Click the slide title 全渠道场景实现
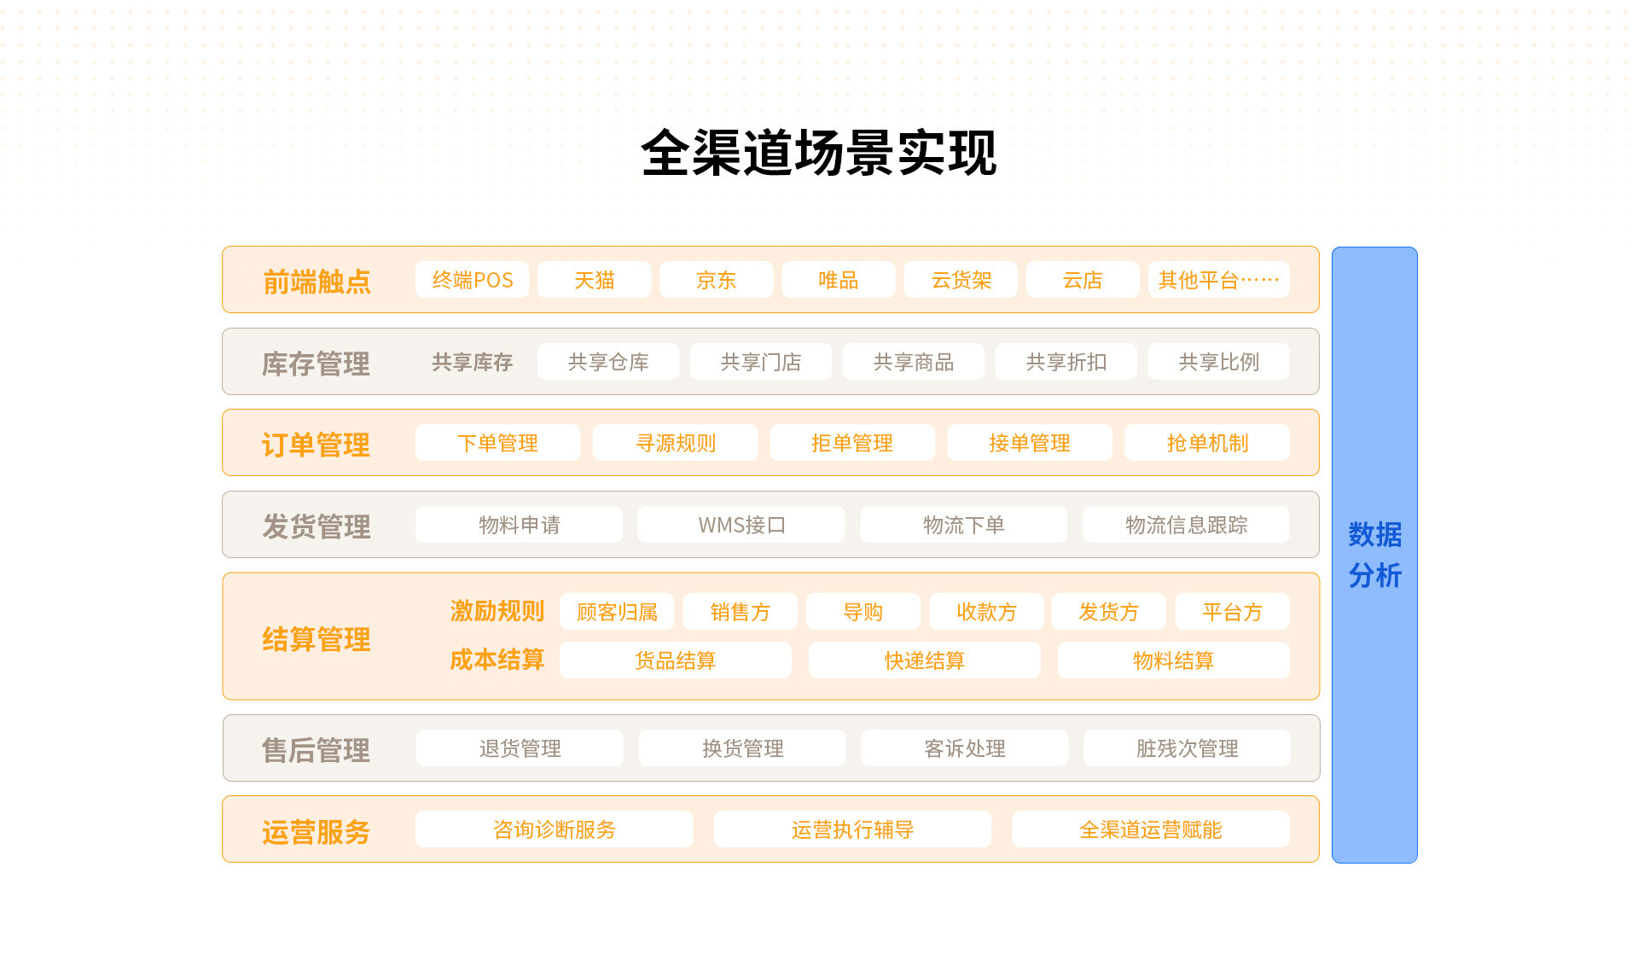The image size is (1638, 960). click(819, 154)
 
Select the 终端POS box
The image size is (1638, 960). click(472, 280)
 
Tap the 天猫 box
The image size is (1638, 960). click(594, 280)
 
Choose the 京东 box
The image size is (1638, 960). click(716, 280)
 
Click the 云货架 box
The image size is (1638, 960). click(961, 280)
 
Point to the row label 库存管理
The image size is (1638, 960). click(316, 364)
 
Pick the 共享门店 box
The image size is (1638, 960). click(761, 362)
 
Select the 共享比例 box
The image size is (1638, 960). click(1218, 362)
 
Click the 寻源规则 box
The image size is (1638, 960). click(676, 443)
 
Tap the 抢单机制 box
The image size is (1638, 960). click(1207, 443)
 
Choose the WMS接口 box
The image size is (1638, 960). click(741, 525)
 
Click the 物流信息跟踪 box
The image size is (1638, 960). click(1187, 525)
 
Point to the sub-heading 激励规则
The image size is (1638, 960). click(497, 611)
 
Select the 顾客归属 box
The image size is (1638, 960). click(617, 612)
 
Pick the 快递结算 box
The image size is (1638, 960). click(925, 660)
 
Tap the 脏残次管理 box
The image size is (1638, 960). click(1187, 748)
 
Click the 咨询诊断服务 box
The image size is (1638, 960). click(555, 829)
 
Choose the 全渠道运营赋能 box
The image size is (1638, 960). click(1151, 829)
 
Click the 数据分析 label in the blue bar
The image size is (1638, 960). click(1375, 556)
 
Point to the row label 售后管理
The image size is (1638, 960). click(316, 750)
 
